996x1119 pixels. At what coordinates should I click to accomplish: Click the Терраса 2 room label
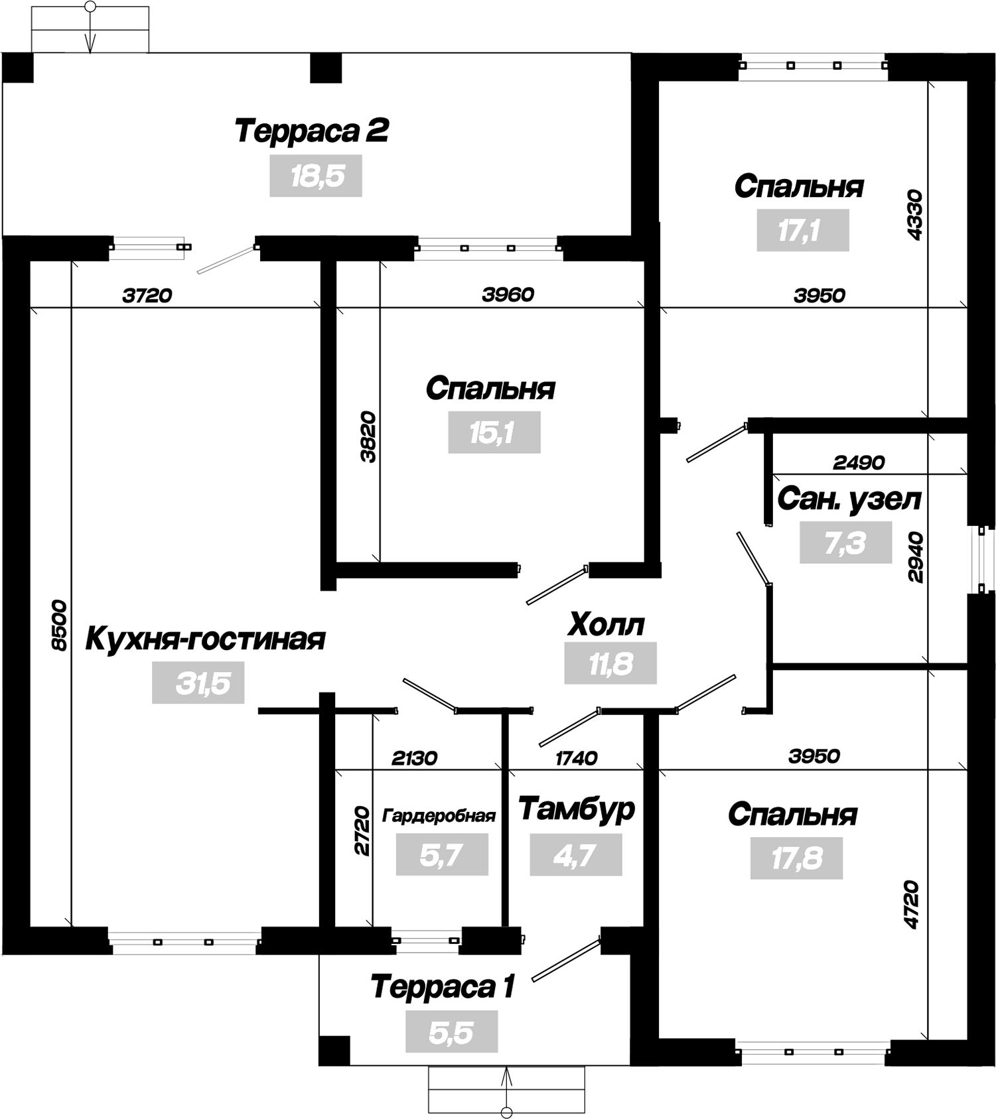point(311,131)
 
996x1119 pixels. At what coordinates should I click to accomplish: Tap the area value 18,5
point(316,176)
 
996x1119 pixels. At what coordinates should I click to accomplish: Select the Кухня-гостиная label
point(205,639)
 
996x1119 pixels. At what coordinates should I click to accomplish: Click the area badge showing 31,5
point(198,683)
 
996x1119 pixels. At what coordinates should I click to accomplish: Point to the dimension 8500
point(59,625)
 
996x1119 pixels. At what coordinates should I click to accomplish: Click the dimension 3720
point(147,295)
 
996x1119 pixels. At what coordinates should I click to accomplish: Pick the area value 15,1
point(494,432)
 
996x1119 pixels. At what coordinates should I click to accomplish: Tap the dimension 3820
point(368,437)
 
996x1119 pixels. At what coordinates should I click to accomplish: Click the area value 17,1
point(803,230)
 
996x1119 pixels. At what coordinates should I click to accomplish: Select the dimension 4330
point(914,215)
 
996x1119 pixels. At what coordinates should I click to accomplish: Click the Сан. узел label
point(849,500)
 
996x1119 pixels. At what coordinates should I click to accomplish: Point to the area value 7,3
point(845,543)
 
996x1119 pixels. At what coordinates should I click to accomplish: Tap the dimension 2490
point(859,462)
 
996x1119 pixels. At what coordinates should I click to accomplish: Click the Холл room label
point(606,625)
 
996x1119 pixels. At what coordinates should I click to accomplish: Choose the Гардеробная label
point(439,815)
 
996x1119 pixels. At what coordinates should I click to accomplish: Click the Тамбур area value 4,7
point(576,855)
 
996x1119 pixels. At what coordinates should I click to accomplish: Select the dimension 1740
point(576,757)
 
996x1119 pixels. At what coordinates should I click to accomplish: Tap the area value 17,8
point(796,858)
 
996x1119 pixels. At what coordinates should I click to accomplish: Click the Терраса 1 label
point(443,987)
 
